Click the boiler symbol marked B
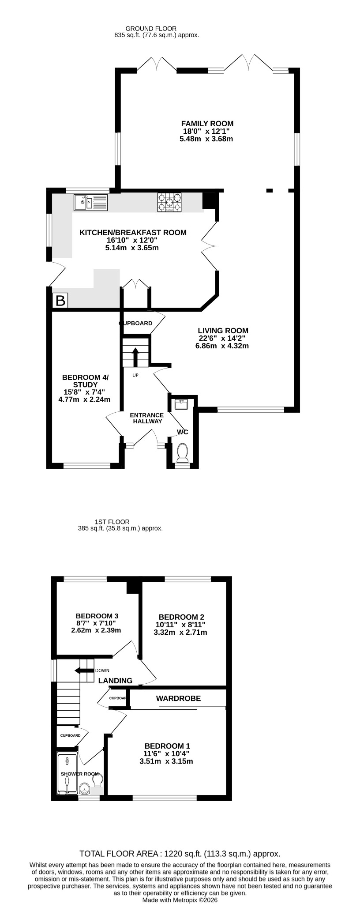coord(60,301)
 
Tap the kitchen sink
coord(91,203)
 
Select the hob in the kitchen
coord(169,203)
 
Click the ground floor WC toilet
coord(182,453)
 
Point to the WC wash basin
coord(182,403)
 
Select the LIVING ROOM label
coord(223,331)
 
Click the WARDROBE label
coord(178,698)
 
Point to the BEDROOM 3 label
coord(97,616)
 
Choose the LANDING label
coord(115,681)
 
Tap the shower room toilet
coord(98,780)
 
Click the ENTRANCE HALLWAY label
coord(147,418)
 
